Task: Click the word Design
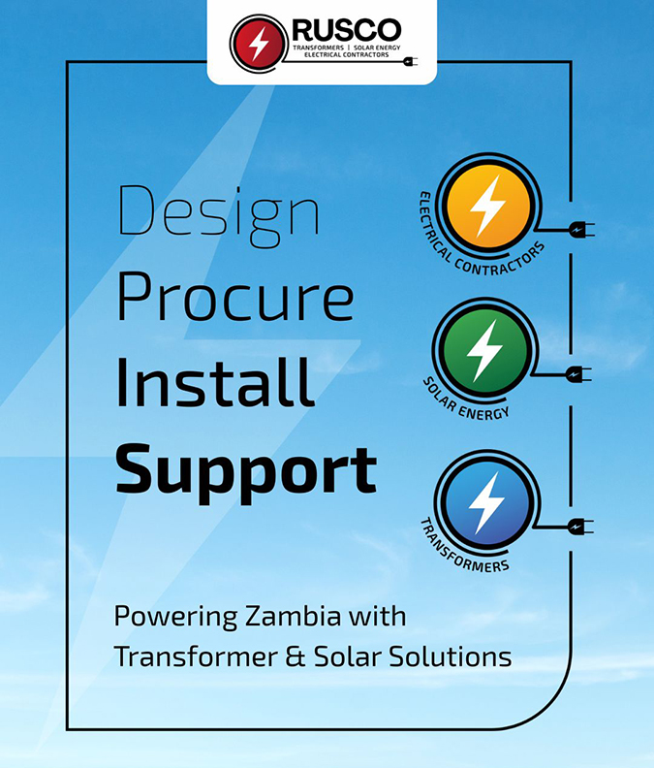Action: pos(219,216)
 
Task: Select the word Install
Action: pos(215,382)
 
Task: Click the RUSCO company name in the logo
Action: pos(347,30)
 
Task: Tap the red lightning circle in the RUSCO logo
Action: pos(259,44)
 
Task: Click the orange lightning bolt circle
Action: pos(489,207)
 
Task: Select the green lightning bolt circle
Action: pos(484,351)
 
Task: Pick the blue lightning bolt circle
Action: pos(487,503)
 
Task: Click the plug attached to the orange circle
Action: pos(581,229)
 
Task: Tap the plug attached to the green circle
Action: pos(578,374)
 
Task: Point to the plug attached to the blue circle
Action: pos(580,527)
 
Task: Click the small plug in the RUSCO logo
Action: pos(410,62)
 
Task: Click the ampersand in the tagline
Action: pos(296,656)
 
